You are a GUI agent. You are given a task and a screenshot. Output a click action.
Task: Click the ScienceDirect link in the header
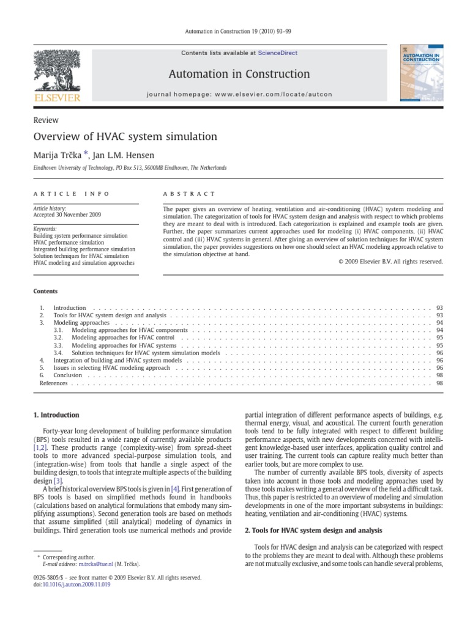coord(277,53)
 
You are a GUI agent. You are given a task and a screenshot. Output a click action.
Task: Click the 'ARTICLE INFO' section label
coord(71,194)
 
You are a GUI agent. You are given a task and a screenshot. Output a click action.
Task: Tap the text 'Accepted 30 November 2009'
coord(67,215)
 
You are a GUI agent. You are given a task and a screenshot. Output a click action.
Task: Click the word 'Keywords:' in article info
coord(45,229)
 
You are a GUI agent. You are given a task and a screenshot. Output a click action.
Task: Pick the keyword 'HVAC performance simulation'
coord(69,242)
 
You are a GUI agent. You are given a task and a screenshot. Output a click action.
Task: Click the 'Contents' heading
coord(45,292)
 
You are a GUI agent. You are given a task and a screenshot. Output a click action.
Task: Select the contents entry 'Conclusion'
coord(67,375)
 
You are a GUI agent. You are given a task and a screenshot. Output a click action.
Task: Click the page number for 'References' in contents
coord(439,383)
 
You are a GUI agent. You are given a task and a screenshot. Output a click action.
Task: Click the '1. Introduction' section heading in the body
coord(56,415)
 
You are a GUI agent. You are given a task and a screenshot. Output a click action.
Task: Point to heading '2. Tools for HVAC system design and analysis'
coord(313,530)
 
